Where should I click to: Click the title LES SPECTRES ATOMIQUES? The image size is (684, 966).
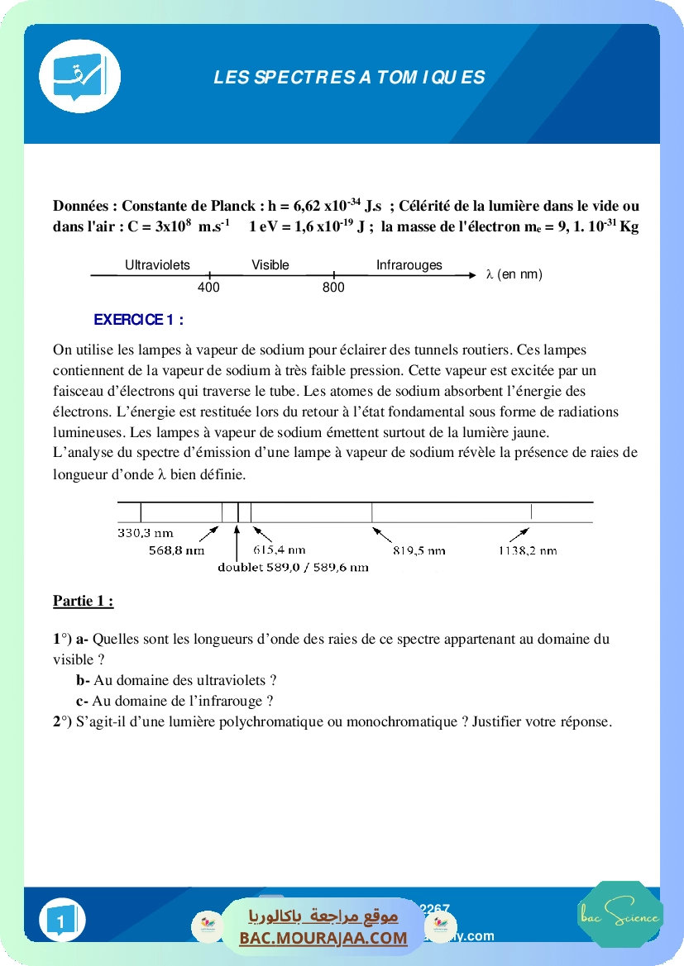click(x=349, y=78)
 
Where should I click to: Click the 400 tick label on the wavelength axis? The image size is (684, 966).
click(x=208, y=288)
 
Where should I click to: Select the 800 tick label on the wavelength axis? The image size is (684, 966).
click(x=333, y=288)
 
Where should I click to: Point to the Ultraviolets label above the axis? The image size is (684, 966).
click(x=157, y=265)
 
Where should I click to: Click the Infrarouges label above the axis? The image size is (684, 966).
click(x=409, y=265)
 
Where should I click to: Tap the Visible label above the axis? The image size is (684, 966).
click(x=270, y=265)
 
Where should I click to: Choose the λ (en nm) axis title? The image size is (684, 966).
click(x=514, y=274)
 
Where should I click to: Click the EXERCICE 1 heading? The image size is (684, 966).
click(x=138, y=320)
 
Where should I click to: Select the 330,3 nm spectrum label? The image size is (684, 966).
click(x=145, y=534)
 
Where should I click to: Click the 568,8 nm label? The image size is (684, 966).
click(x=176, y=550)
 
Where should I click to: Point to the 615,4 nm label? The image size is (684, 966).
click(x=279, y=550)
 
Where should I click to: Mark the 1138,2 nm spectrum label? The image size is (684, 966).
click(x=528, y=550)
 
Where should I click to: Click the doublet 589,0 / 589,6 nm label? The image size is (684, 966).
click(x=293, y=568)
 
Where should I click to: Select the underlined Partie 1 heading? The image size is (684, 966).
click(x=83, y=602)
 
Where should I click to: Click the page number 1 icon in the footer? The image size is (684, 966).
click(x=61, y=921)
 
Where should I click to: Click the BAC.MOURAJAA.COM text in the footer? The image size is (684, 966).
click(x=323, y=938)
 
